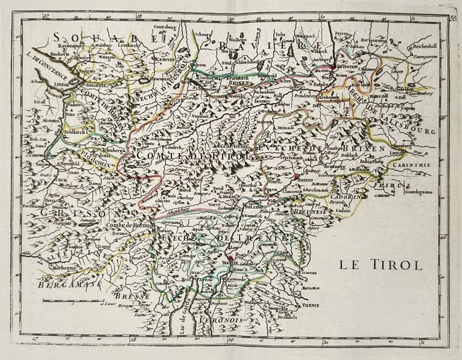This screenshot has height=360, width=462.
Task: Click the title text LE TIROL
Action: [380, 265]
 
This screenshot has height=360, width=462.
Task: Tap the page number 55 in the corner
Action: [453, 18]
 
